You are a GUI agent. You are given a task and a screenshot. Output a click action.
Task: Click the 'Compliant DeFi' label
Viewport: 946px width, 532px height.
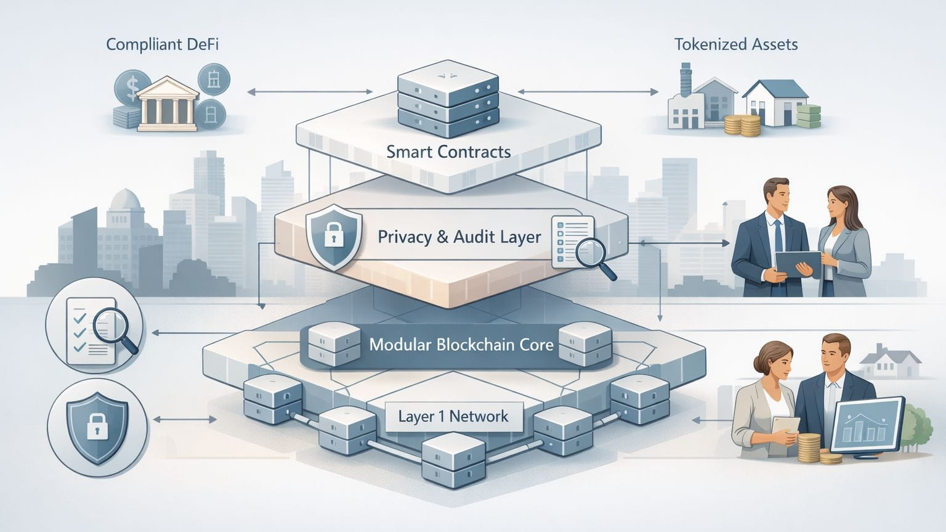coord(163,44)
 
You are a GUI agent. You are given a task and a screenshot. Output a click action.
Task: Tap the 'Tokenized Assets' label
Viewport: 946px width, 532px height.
coord(735,44)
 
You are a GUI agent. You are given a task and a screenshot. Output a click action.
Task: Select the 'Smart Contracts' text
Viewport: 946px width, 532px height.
coord(448,152)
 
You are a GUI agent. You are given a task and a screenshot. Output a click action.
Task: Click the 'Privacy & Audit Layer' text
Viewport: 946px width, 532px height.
coord(459,237)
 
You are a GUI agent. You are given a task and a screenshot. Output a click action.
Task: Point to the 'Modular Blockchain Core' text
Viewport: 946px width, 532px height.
coord(461,344)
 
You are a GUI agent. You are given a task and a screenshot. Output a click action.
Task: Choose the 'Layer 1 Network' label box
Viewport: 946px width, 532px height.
coord(453,416)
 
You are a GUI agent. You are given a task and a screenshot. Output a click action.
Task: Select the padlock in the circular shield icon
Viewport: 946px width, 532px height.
coord(97,425)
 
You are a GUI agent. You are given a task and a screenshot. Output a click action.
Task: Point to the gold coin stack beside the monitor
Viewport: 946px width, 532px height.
coord(809,449)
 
